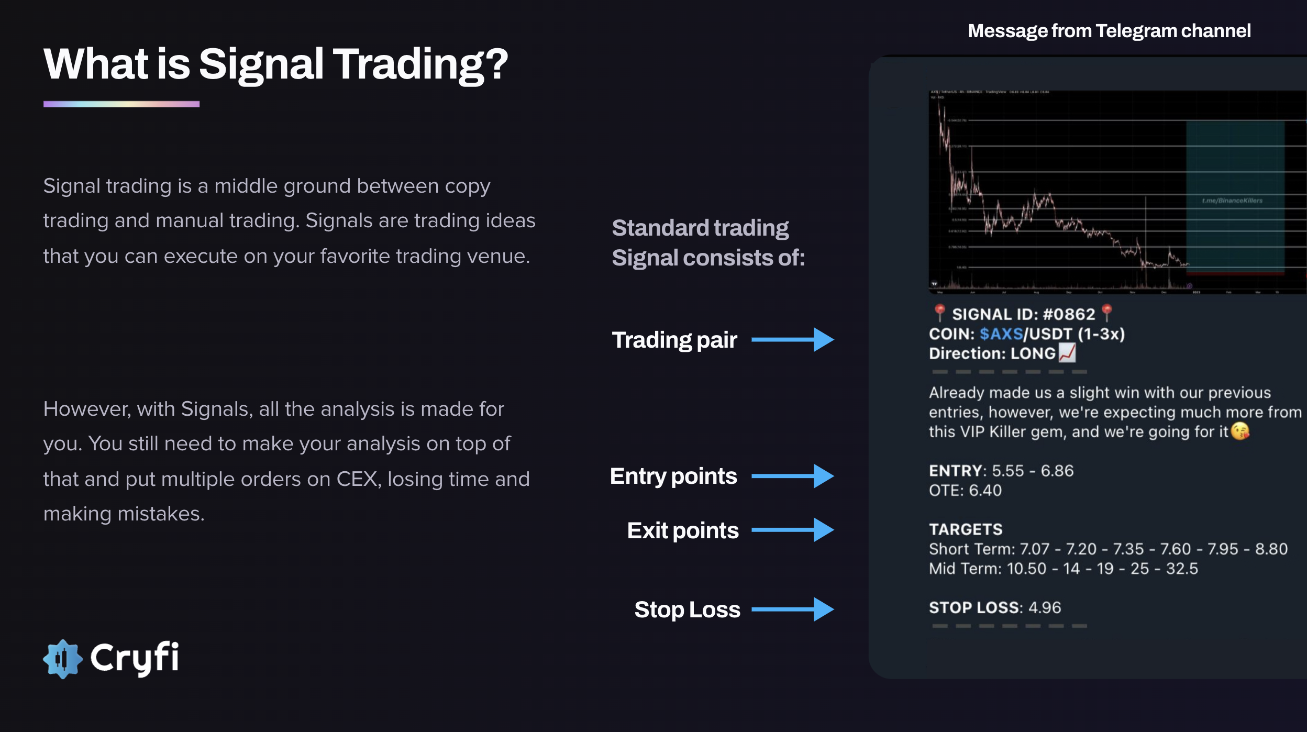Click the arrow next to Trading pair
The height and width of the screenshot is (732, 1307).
[x=792, y=340]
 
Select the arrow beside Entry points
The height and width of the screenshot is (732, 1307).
[x=792, y=476]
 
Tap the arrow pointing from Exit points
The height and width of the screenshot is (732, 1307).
[x=792, y=530]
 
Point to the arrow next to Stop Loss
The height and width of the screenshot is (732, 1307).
[x=792, y=609]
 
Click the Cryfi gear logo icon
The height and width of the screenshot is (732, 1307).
[x=63, y=659]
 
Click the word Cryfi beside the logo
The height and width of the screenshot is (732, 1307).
[x=135, y=658]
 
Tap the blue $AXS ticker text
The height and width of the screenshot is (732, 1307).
[x=1001, y=334]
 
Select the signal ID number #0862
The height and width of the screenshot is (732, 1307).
[x=1068, y=314]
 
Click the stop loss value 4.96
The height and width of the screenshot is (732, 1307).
[x=1044, y=607]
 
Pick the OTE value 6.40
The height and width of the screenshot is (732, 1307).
[x=985, y=491]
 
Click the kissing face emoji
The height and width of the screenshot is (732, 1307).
[x=1239, y=431]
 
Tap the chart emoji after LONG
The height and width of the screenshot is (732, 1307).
[x=1067, y=353]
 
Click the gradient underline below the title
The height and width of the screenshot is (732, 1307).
[x=121, y=104]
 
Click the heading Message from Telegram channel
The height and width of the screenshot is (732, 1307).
[x=1109, y=31]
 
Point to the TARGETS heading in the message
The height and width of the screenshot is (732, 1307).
[x=965, y=529]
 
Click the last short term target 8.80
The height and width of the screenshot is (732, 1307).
[x=1271, y=549]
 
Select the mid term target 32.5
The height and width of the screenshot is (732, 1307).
[x=1181, y=569]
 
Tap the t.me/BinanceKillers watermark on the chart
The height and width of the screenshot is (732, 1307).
[x=1232, y=201]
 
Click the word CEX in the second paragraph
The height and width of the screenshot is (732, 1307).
[x=357, y=479]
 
